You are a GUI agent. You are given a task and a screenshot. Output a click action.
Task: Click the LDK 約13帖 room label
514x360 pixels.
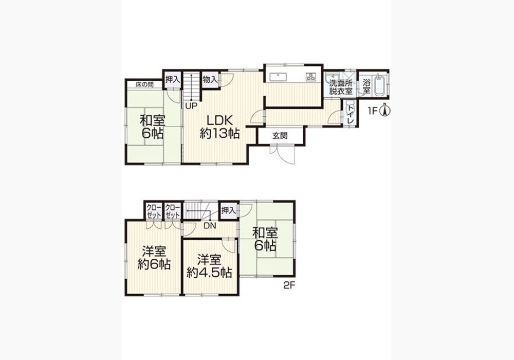pos(219,127)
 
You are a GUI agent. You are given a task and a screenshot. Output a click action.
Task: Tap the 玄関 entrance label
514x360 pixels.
pos(280,135)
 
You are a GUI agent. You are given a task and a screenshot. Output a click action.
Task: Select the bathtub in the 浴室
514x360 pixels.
pos(379,85)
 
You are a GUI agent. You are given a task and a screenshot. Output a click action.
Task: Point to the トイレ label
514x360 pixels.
pos(351,114)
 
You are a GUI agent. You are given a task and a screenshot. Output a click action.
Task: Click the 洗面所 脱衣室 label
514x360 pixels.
pos(341,87)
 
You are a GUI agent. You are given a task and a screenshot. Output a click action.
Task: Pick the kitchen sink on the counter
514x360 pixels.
pos(279,77)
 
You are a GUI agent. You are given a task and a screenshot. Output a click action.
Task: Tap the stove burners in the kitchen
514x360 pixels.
pos(310,77)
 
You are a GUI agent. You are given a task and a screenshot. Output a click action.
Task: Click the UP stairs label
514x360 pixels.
pos(191,106)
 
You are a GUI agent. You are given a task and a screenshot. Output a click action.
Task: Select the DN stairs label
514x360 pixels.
pos(210,226)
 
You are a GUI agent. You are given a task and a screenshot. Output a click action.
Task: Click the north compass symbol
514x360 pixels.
pos(385,110)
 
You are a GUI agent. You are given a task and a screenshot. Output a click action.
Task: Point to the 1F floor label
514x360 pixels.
pos(373,111)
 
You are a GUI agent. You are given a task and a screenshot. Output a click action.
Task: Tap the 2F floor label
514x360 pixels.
pos(289,285)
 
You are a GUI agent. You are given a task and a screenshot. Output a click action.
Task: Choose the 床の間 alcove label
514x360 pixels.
pos(144,84)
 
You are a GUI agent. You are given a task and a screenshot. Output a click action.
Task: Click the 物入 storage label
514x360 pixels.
pos(210,80)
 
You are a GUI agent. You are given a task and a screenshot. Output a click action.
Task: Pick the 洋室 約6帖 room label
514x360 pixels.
pos(154,258)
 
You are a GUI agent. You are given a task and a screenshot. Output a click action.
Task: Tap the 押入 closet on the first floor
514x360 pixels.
pos(173,79)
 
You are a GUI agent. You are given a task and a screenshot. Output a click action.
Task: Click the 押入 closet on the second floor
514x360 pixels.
pos(229,210)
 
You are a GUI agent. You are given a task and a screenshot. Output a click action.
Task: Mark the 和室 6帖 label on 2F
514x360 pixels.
pos(265,240)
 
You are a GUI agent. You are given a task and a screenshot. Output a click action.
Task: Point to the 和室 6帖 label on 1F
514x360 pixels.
pos(153,127)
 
